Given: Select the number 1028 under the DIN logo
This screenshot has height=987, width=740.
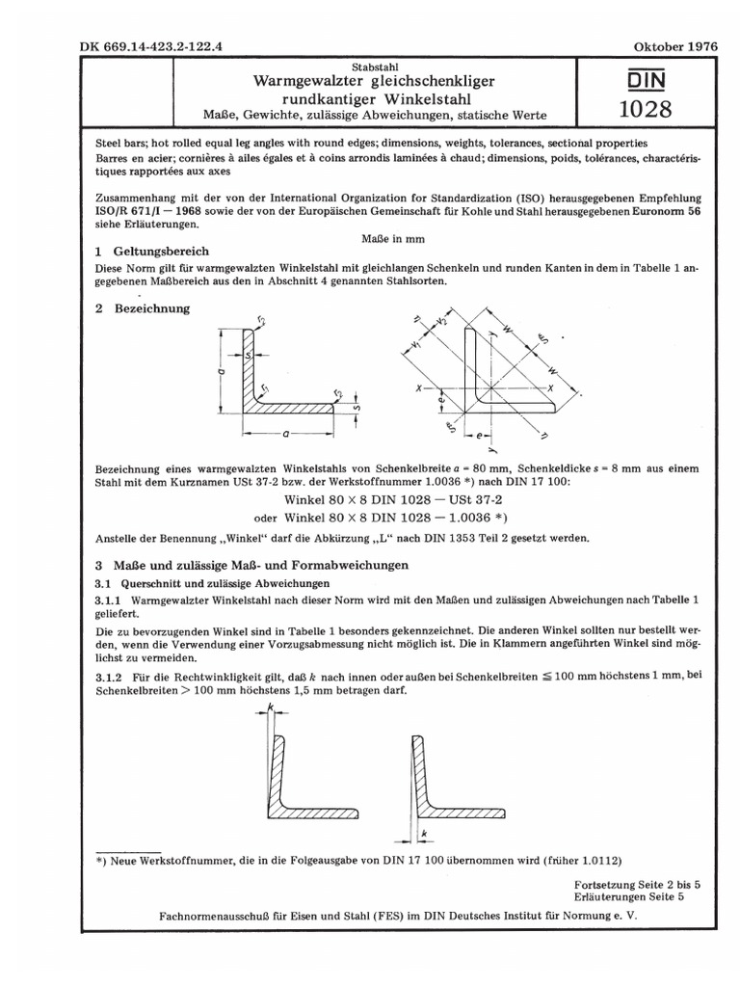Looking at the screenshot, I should pos(645,108).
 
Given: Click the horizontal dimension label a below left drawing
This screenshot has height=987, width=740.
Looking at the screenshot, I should pos(285,433).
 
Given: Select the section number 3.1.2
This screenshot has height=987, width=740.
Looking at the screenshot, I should pos(110,677).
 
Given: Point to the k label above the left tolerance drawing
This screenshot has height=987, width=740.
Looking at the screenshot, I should pos(273,708).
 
